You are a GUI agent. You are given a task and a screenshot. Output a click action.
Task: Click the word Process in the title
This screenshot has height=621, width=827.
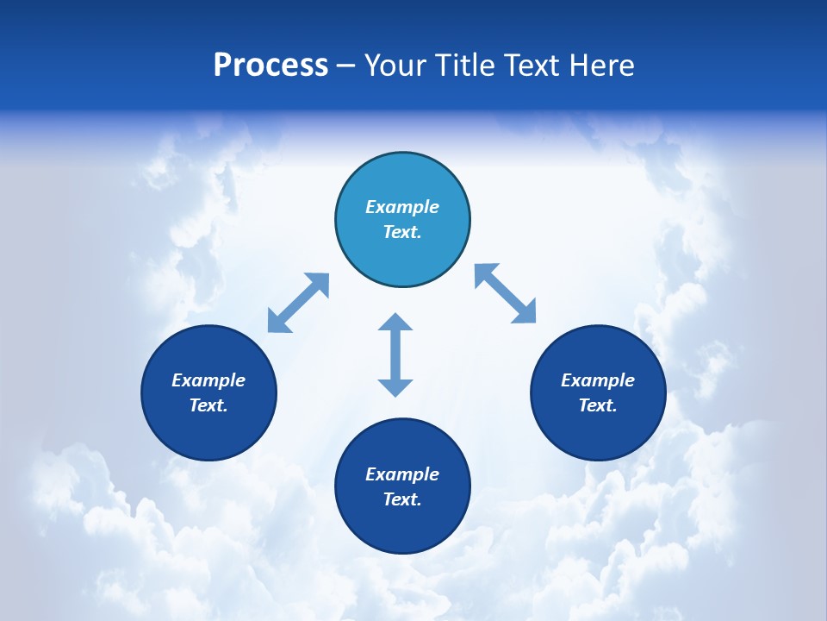270,66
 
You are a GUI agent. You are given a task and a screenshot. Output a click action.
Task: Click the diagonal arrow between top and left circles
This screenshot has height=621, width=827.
298,303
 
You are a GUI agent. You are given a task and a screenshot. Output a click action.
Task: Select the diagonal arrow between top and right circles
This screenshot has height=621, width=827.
506,293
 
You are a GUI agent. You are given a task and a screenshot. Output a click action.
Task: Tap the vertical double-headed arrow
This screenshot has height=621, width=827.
395,354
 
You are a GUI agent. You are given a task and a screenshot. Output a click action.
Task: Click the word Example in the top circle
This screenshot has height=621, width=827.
402,207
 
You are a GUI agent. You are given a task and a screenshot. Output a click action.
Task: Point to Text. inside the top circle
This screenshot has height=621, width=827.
402,232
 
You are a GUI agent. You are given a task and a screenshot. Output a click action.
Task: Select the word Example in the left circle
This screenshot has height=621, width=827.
208,380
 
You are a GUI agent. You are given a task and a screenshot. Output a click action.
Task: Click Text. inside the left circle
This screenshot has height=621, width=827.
208,405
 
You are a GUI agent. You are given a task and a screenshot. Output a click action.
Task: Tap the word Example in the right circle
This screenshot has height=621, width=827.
598,380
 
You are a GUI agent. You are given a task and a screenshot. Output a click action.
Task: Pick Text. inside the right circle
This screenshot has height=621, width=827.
598,405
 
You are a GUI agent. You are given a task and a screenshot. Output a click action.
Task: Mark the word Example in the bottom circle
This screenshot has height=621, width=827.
402,474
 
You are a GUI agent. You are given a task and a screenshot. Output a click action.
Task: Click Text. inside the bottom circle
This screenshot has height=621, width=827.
402,499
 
